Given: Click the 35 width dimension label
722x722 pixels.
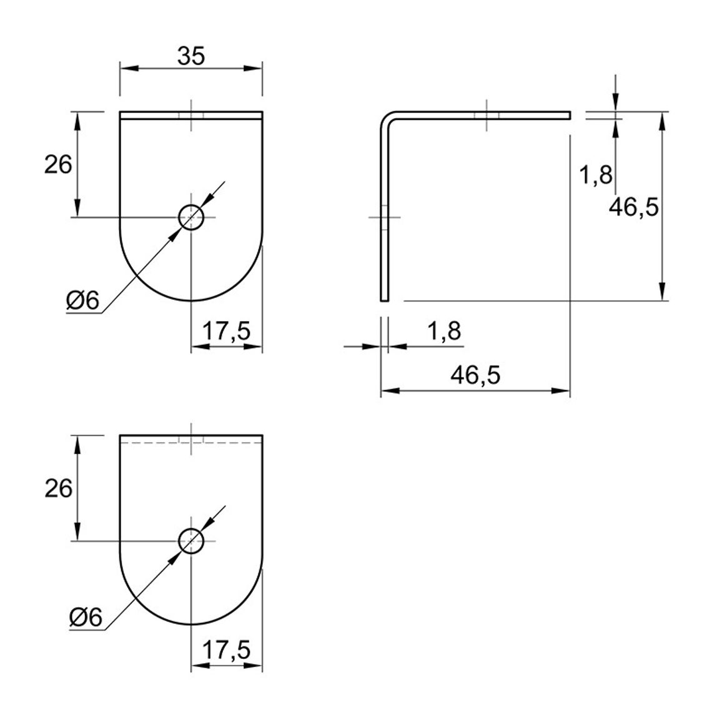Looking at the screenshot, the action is click(x=190, y=56).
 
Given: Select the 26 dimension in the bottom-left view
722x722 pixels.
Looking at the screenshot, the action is click(x=59, y=488).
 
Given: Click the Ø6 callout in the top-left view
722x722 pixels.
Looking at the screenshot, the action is click(x=83, y=301).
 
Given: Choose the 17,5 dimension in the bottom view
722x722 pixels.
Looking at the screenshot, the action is click(x=226, y=650).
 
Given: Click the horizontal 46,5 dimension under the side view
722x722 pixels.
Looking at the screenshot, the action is click(x=475, y=375).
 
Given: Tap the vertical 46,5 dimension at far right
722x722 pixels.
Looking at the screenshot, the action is click(x=633, y=207).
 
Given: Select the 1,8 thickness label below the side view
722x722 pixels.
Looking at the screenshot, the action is click(x=444, y=331).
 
